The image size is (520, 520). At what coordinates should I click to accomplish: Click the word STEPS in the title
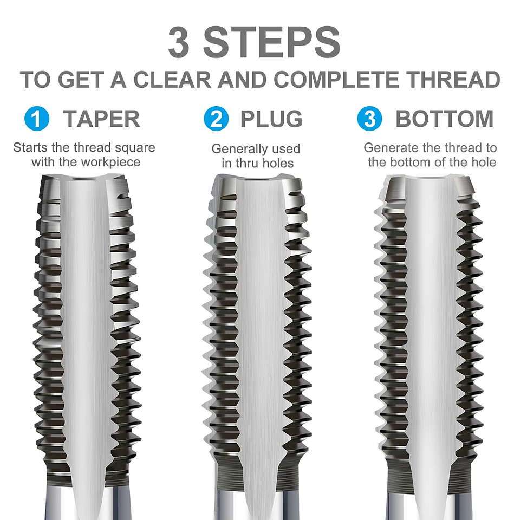272,43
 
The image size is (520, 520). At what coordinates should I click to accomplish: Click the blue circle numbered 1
37,119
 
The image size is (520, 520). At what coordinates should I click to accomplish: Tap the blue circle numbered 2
216,119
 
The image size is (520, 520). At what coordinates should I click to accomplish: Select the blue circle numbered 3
370,119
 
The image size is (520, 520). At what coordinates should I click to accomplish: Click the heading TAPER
102,119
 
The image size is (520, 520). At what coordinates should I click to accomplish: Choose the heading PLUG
271,119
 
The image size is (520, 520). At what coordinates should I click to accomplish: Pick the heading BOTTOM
445,119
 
